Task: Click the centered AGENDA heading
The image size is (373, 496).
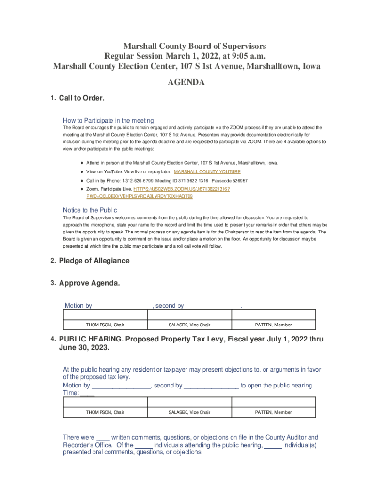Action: [186, 83]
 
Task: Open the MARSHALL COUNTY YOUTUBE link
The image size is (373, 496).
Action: [207, 172]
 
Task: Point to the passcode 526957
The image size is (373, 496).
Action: [236, 181]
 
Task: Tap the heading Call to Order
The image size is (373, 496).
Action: [81, 98]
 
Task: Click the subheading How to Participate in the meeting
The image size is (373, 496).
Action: [108, 120]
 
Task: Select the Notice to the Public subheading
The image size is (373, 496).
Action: [90, 210]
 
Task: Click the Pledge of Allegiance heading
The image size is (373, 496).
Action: [94, 261]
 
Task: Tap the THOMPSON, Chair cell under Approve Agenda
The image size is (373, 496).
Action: [105, 325]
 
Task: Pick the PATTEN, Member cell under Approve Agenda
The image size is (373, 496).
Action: [273, 325]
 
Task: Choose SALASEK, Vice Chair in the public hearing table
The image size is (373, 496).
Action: [189, 412]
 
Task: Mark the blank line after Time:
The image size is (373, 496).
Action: [87, 393]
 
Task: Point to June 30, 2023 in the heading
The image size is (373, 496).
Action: [83, 348]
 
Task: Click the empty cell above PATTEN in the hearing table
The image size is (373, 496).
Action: [273, 402]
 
